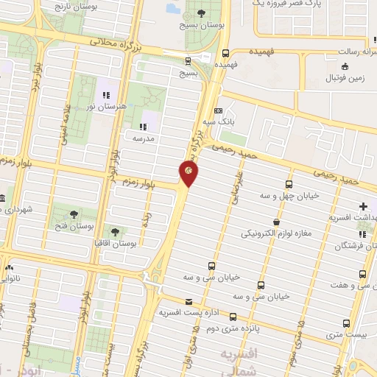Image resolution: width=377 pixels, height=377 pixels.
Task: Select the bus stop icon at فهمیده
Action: tap(225, 53)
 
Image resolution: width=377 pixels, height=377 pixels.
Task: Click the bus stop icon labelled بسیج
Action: tap(188, 60)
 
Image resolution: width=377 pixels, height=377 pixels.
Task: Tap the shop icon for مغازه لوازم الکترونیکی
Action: tap(276, 221)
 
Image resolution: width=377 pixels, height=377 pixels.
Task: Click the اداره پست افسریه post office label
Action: tap(188, 313)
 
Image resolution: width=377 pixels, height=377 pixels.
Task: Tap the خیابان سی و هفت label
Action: tap(345, 285)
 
